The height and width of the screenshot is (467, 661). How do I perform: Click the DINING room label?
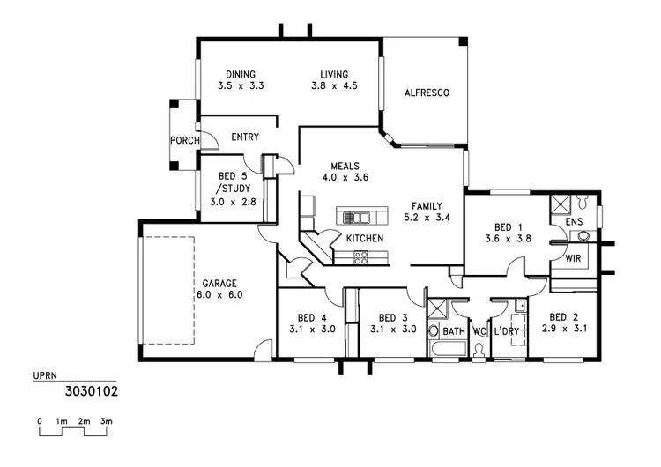(241, 74)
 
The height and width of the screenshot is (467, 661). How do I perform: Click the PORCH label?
(184, 141)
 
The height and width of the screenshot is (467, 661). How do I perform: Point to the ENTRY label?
(245, 137)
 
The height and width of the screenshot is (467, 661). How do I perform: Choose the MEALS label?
(345, 166)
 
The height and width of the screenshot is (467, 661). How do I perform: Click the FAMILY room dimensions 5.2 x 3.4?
(427, 217)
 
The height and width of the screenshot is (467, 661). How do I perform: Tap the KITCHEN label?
(363, 239)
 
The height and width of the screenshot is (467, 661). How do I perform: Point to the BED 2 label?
(563, 317)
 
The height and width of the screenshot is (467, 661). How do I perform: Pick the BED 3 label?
(392, 317)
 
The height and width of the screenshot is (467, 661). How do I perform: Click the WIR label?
(573, 259)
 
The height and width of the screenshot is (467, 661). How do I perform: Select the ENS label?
(574, 222)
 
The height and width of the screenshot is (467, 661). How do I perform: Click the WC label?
(479, 331)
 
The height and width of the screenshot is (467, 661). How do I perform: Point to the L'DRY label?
(507, 331)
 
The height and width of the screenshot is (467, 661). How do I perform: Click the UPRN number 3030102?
(92, 388)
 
